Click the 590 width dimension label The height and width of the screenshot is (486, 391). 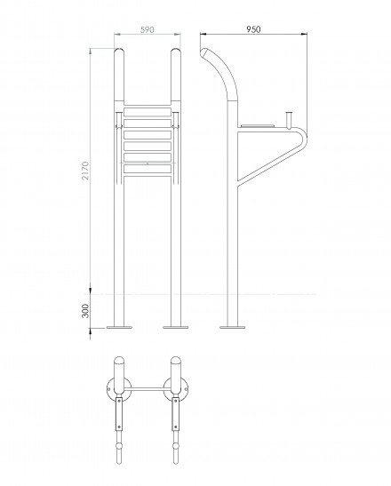pos(148,29)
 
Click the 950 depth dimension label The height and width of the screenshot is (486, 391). pos(253,29)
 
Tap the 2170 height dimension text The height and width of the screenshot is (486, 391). pos(85,171)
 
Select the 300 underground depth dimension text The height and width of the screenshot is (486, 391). pos(85,311)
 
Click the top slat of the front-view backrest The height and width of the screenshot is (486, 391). pos(148,112)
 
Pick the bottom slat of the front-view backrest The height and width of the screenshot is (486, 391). pos(148,169)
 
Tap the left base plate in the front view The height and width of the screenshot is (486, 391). pos(119,327)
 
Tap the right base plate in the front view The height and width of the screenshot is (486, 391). pos(175,327)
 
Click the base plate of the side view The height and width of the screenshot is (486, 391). pos(232,327)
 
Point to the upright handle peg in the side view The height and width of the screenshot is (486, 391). pos(290,120)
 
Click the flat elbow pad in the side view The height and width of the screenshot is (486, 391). pos(258,126)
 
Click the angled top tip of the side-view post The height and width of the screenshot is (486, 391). pos(203,52)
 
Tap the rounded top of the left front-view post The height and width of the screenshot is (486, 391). pos(119,52)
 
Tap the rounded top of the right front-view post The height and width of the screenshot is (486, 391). pos(176,52)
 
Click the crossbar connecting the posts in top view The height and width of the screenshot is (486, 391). pos(148,388)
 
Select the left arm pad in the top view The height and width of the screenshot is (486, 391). pos(119,414)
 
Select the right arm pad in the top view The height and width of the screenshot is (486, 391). pos(176,414)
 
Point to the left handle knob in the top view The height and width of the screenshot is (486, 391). pos(119,446)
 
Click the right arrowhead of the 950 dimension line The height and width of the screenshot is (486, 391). pos(305,34)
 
